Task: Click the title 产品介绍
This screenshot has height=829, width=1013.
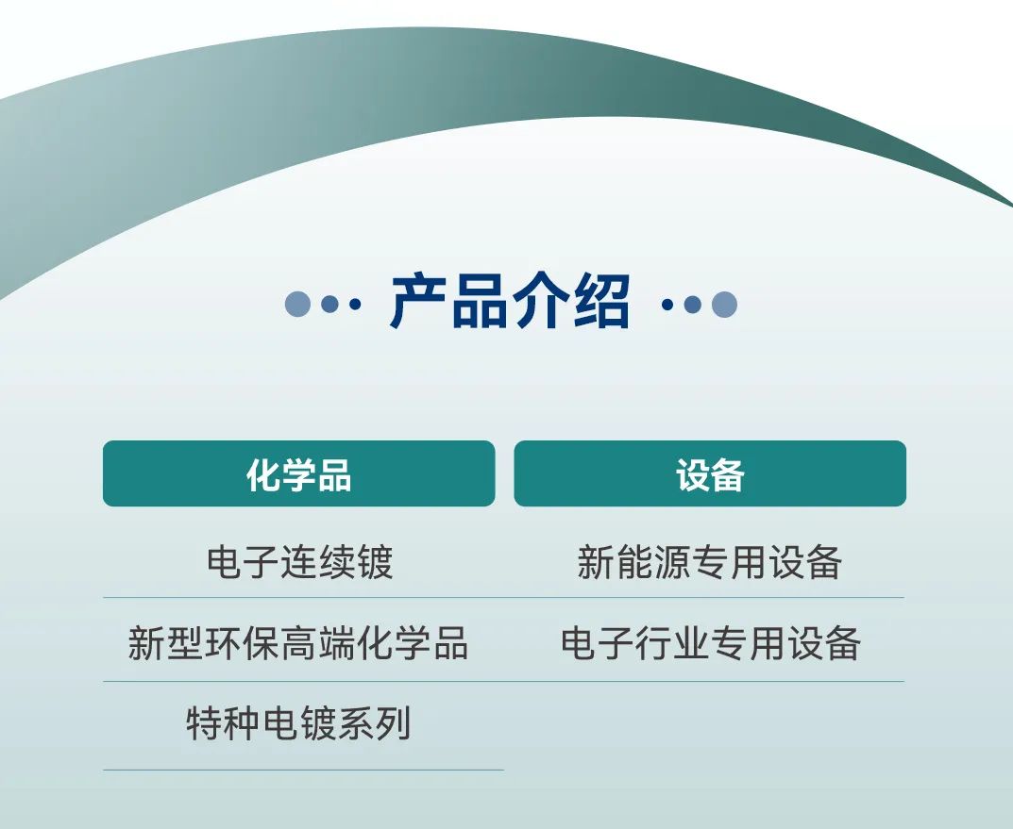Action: [510, 303]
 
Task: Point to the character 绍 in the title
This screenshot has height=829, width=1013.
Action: [600, 303]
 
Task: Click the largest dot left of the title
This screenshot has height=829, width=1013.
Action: [297, 304]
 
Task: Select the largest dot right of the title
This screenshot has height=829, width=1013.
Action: [724, 304]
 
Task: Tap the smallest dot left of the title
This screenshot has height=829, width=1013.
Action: [354, 304]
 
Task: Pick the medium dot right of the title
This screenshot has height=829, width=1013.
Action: [693, 304]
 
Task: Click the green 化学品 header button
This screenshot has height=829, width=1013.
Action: [298, 473]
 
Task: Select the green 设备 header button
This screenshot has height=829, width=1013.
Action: [710, 473]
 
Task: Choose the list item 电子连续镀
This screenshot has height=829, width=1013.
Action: [298, 563]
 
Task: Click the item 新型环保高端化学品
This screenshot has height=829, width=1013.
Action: [298, 644]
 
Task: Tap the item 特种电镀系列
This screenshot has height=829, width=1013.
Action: [298, 724]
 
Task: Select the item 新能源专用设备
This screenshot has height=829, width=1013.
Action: [709, 563]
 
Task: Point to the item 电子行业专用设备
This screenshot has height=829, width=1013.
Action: [710, 644]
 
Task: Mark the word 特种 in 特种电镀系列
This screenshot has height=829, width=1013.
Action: [223, 724]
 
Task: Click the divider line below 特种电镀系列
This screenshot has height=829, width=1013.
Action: [302, 770]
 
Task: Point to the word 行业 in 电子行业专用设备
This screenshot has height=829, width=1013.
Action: [672, 644]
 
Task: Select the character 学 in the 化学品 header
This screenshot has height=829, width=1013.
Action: [298, 473]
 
